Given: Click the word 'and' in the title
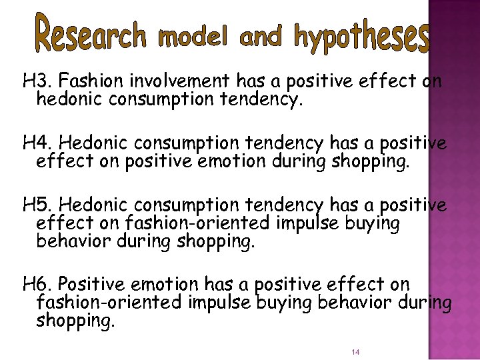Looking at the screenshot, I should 260,38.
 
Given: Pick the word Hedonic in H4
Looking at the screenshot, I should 97,143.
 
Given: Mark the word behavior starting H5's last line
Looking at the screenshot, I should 73,242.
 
